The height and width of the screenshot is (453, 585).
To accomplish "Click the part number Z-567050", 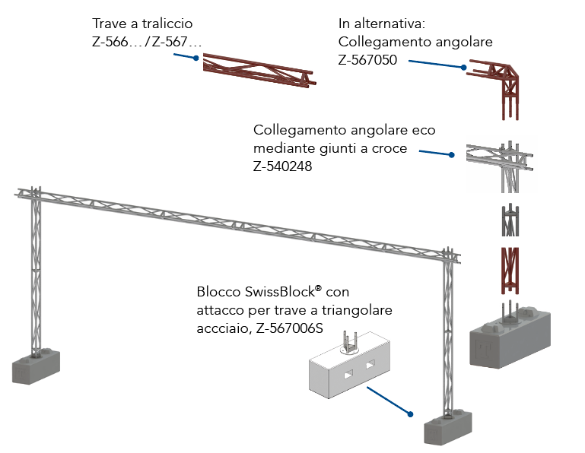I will coord(367,59).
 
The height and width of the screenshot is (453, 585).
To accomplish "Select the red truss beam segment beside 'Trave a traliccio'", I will coord(259,72).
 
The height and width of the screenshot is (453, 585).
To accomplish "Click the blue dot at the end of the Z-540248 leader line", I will coord(451,155).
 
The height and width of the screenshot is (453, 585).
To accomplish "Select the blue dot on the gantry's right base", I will coord(411,415).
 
